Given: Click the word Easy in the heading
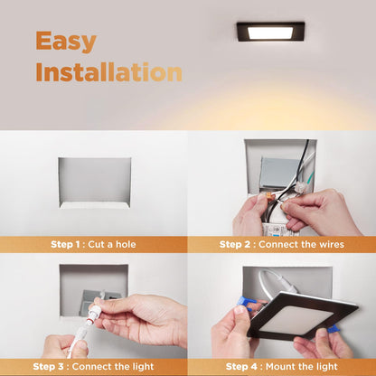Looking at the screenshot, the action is coord(66,42).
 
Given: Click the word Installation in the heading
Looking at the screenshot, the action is coord(109,72).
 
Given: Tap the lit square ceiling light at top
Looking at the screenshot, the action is coord(270,32).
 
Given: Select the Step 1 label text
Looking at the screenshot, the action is coord(65,244).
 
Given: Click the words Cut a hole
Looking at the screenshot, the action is coord(112,244).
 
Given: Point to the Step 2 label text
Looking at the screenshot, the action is coord(235,244).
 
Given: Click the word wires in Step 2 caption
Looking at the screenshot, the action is coord(332,244).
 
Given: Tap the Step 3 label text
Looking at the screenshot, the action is coord(48,367).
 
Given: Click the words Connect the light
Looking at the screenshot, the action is coord(113,367).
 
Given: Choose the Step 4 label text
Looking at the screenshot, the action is coord(241,367).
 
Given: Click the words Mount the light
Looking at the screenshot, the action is coord(302,367).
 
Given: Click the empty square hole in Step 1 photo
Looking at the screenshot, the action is coord(95,183).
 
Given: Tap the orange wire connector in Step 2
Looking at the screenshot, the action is coord(268,197).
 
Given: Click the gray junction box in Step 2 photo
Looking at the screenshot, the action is coord(278,172).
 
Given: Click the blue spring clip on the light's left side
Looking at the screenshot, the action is coord(245,303).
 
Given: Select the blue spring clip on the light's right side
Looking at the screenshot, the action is coord(333,329).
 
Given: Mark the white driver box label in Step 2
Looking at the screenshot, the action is coord(277,230).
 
